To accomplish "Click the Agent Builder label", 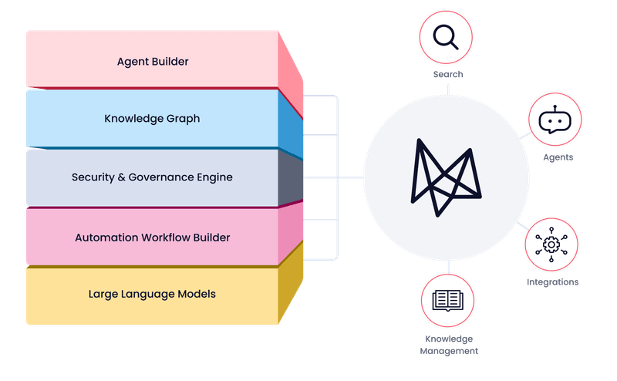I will [x=153, y=60].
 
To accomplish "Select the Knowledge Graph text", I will [x=152, y=119].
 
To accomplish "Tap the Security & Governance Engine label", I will [x=152, y=177].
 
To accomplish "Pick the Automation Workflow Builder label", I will [x=152, y=237].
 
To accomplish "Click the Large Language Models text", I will [x=152, y=294].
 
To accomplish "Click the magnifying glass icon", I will [x=446, y=37].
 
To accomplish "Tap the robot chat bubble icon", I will [x=553, y=120].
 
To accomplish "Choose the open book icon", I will [x=447, y=299].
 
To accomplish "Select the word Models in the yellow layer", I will [x=198, y=294].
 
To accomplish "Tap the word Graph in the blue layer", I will [x=184, y=119].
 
